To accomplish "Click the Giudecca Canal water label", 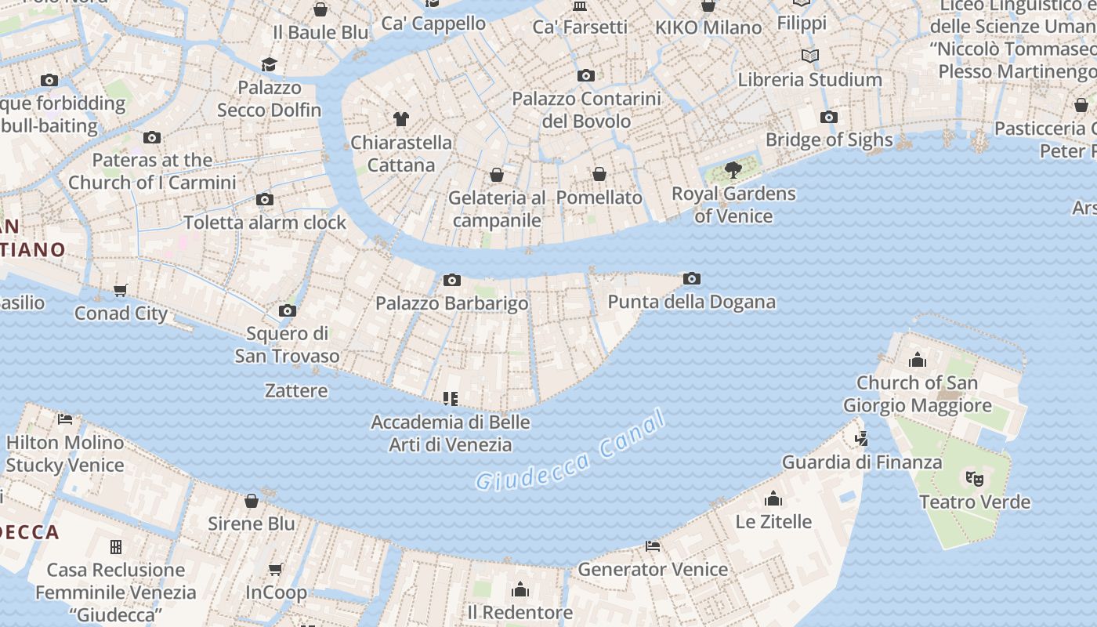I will tap(570, 451).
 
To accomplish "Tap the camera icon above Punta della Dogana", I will tap(691, 279).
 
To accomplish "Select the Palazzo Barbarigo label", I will tap(451, 303).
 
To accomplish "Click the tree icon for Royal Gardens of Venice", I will tap(733, 169).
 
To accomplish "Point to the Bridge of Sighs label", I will tap(829, 140).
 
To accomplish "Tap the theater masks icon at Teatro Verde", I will tap(974, 478).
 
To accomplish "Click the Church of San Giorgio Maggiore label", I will tap(917, 394).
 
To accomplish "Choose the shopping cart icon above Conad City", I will tap(121, 291).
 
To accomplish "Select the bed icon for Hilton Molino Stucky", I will tap(65, 419).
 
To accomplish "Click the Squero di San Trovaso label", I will tap(287, 345).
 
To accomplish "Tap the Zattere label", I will tap(296, 390).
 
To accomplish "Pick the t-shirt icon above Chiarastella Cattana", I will tap(401, 119).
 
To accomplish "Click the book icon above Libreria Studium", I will tap(809, 56).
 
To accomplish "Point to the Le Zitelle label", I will tap(773, 521).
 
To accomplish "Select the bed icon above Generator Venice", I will tap(652, 546).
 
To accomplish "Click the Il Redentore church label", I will tap(520, 612).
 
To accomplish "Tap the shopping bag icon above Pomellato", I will tap(599, 174).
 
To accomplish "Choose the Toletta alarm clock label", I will tap(265, 223).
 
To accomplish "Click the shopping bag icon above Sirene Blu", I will tap(252, 501).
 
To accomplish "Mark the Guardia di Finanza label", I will tap(862, 462).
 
